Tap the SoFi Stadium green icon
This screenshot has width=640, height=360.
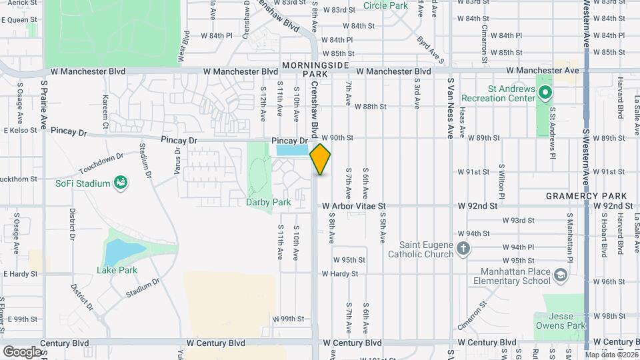121,183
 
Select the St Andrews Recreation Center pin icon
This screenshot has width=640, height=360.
545,93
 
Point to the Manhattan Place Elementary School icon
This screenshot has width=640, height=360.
561,275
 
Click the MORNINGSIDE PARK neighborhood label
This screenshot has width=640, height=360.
316,69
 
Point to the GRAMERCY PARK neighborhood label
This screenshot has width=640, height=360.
586,196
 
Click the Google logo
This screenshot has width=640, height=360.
21,351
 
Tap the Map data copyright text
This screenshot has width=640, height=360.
609,354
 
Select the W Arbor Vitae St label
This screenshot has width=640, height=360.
354,207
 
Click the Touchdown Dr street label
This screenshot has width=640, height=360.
101,161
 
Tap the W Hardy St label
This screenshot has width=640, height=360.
340,274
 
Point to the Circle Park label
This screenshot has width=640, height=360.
385,6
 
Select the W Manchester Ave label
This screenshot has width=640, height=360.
543,70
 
